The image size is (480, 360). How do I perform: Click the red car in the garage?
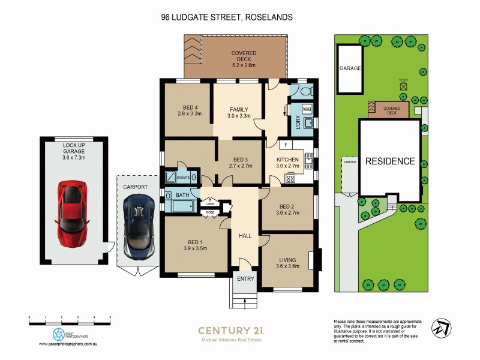[x=72, y=214]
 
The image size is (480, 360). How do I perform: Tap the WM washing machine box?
[x=307, y=109]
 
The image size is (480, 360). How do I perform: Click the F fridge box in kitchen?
[x=287, y=145]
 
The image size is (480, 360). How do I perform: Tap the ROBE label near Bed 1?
[x=210, y=212]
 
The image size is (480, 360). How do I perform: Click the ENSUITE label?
[x=183, y=178]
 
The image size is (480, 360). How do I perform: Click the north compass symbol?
[x=441, y=327]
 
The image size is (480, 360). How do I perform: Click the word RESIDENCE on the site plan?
[x=390, y=161]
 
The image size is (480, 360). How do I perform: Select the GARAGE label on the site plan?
[x=350, y=68]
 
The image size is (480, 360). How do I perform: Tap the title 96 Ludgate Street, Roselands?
[x=227, y=17]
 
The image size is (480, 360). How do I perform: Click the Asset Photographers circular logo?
[x=59, y=334]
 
